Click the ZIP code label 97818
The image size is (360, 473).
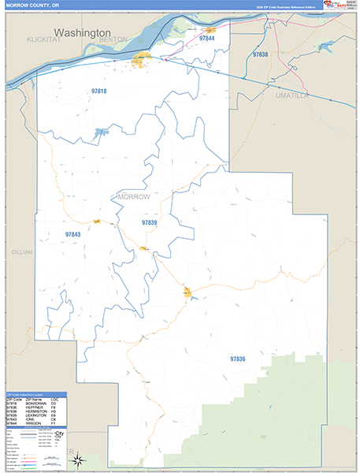click(x=98, y=91)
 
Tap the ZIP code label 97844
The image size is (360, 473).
click(x=207, y=38)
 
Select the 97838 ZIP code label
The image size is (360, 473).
click(x=260, y=54)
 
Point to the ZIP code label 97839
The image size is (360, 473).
click(x=150, y=223)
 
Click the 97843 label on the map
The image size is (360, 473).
click(x=72, y=234)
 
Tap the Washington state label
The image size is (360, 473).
click(x=82, y=33)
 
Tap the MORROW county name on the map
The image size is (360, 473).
click(x=132, y=196)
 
